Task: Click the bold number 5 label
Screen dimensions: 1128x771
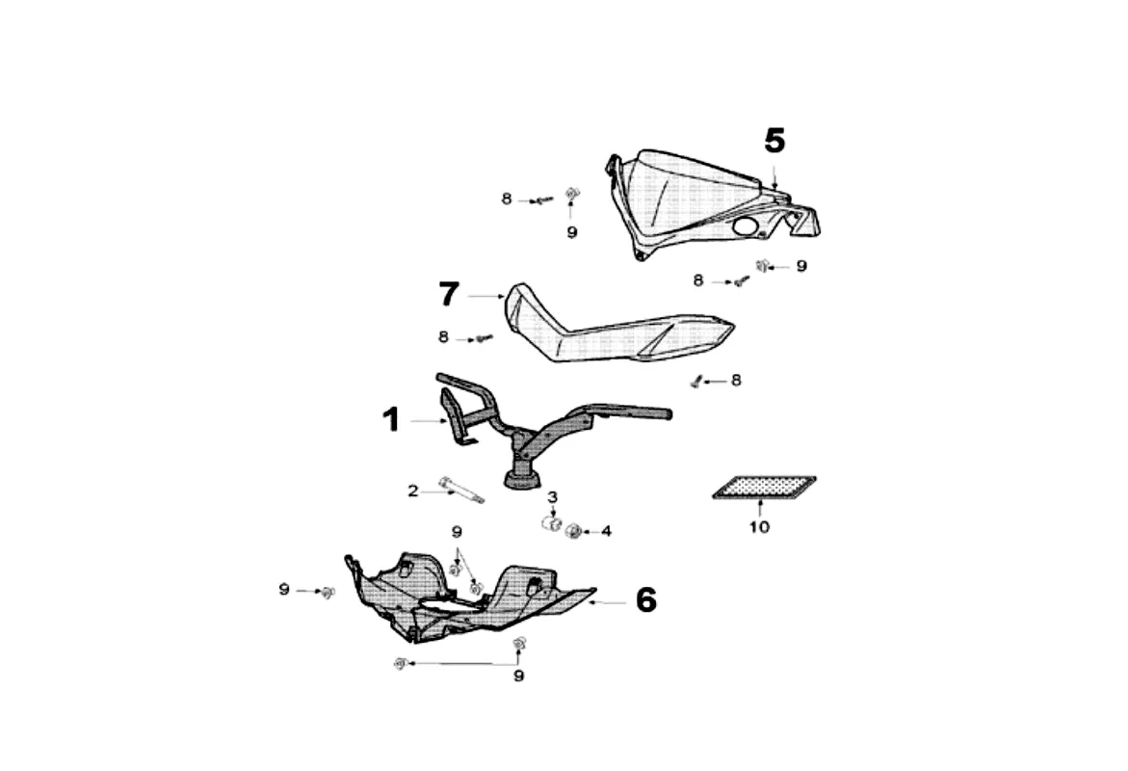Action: coord(774,142)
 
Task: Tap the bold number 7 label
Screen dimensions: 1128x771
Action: coord(448,295)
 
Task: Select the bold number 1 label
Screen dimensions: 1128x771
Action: coord(390,420)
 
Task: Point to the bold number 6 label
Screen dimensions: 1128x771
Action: coord(645,600)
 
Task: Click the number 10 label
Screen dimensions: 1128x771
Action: coord(759,527)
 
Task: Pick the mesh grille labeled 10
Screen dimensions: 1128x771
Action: coord(764,487)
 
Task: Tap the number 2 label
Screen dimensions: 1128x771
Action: coord(413,492)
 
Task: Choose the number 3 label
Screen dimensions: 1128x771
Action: coord(553,497)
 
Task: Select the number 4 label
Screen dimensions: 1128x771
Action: coord(607,531)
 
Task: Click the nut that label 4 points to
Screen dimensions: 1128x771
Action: coord(574,531)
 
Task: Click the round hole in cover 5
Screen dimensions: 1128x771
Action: coord(745,226)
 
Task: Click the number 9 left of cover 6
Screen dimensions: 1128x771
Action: coord(284,589)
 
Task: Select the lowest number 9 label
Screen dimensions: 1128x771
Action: coord(518,677)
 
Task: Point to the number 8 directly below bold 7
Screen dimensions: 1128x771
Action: coord(443,337)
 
